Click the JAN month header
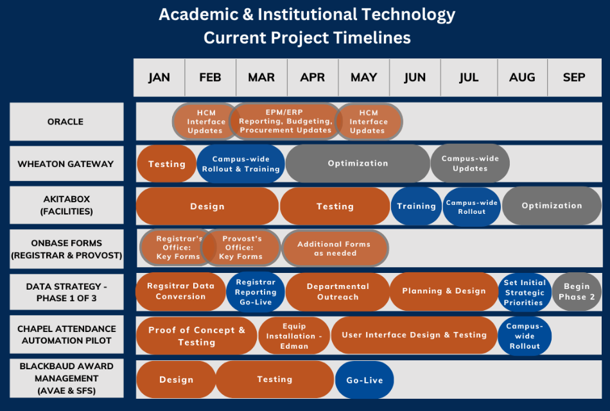click(x=159, y=78)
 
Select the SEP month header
click(x=574, y=78)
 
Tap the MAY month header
click(x=363, y=78)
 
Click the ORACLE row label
click(x=67, y=121)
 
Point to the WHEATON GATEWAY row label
click(x=67, y=164)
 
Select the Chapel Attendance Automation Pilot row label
click(x=67, y=335)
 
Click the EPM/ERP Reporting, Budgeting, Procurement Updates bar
click(x=285, y=121)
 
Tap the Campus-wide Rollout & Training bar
click(x=241, y=164)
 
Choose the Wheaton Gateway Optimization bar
click(x=358, y=164)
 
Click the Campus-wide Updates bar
click(x=470, y=164)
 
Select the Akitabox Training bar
click(x=416, y=206)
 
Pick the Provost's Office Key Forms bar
click(x=241, y=247)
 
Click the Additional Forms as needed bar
click(x=335, y=249)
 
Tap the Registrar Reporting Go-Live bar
click(x=256, y=292)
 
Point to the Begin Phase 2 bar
click(x=577, y=292)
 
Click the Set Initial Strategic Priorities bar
click(x=525, y=292)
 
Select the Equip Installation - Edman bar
click(x=294, y=336)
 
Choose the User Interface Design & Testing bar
click(x=414, y=335)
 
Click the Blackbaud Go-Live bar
click(x=365, y=380)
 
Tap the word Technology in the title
click(x=408, y=15)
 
